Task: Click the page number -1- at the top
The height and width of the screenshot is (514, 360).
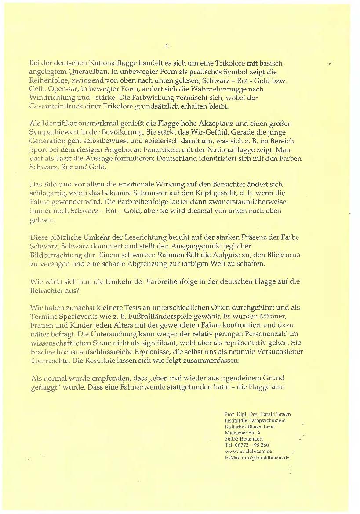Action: [167, 46]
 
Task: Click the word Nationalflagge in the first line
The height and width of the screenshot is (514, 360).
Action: [94, 64]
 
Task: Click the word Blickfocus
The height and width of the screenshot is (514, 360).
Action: [249, 254]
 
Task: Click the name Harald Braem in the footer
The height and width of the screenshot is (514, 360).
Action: [275, 415]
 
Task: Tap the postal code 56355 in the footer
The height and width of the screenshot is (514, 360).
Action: [232, 439]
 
